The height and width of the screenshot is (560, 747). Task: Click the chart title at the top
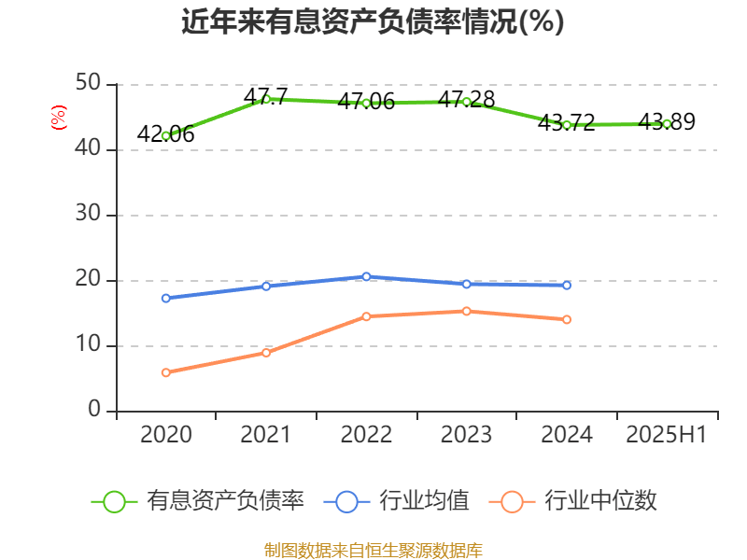click(373, 21)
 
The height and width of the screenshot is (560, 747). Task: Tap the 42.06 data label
click(165, 134)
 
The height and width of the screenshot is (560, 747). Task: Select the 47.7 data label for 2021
click(265, 96)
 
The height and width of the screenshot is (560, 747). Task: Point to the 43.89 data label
click(667, 121)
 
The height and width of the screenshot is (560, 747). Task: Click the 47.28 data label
click(466, 99)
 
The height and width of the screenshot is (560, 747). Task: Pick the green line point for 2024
click(567, 125)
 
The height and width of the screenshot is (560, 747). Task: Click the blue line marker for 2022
click(366, 276)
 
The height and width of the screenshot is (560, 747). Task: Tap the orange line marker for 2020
click(165, 372)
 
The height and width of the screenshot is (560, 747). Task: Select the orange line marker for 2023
click(466, 311)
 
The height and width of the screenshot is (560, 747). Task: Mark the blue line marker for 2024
click(567, 285)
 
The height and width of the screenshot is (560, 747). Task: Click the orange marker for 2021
click(266, 353)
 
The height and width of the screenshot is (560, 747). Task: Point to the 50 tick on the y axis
click(89, 84)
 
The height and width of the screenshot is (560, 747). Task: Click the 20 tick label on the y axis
click(89, 280)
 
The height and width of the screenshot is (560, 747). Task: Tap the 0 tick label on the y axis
click(95, 411)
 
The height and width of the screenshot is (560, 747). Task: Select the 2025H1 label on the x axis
click(667, 435)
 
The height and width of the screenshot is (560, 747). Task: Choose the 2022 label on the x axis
click(366, 435)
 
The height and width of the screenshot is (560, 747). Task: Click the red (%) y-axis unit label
click(58, 118)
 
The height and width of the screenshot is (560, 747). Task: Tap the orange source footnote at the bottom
click(373, 550)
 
